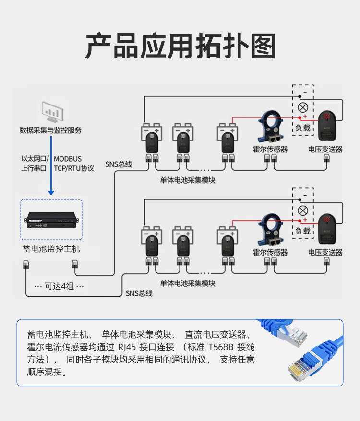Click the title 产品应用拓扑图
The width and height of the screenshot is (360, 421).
[180, 47]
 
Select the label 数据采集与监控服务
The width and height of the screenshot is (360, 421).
[50, 130]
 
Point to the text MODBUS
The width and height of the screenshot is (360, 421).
[68, 159]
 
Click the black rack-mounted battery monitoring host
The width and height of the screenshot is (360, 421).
[51, 221]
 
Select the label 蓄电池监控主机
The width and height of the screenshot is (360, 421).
[51, 249]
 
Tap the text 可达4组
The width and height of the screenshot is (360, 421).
[60, 286]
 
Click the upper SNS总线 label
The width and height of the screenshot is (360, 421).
[119, 164]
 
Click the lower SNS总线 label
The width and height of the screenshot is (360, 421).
[139, 293]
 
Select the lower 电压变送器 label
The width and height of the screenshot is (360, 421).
[325, 252]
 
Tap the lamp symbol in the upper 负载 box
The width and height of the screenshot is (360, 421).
[303, 107]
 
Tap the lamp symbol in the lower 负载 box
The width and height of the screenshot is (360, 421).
[303, 210]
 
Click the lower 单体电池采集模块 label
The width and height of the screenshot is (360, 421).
[188, 283]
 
